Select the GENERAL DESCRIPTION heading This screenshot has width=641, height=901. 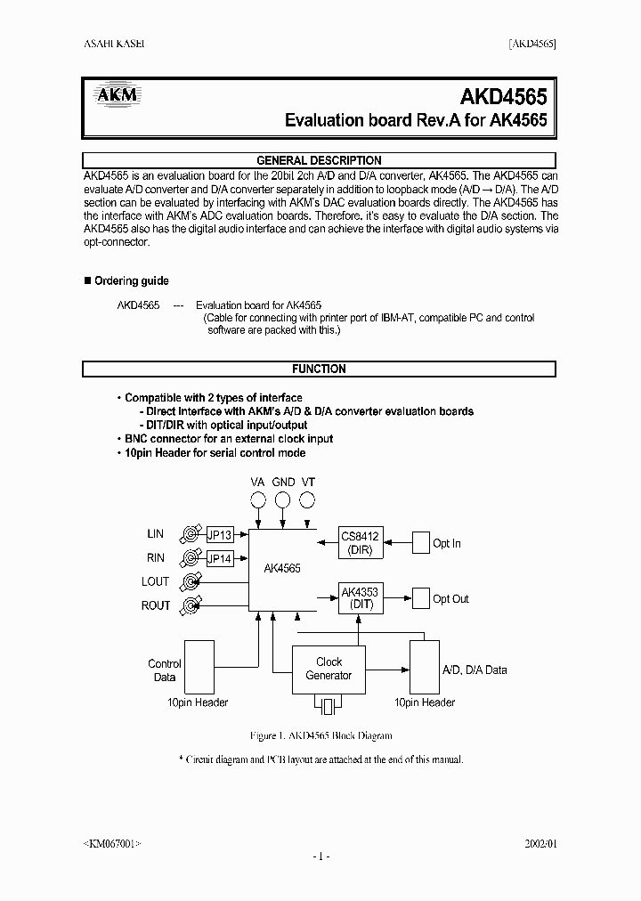(319, 160)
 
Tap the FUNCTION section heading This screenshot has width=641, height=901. (319, 369)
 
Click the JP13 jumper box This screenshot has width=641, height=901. (219, 535)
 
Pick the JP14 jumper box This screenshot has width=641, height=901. (219, 559)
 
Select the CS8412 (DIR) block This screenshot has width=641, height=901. (360, 543)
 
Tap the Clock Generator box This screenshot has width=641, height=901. (329, 669)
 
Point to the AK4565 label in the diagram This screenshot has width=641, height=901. (282, 567)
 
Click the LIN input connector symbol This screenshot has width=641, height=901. (190, 534)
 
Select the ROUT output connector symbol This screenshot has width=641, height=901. (190, 606)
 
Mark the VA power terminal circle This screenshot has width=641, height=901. (258, 500)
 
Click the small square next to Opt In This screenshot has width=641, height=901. (419, 543)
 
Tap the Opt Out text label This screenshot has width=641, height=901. (450, 599)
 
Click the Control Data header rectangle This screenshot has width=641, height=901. (199, 667)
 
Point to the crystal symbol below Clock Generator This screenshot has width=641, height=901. (329, 707)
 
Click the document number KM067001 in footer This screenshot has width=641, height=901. (111, 841)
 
